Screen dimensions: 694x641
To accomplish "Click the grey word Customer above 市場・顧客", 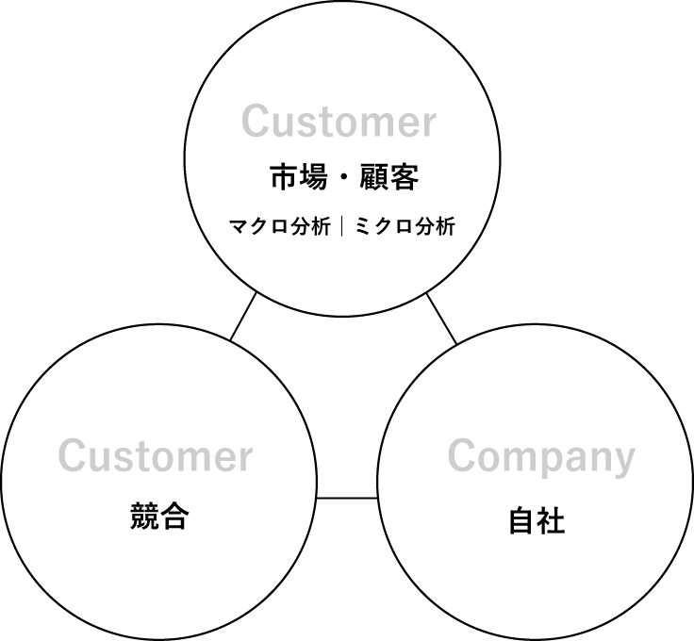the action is (339, 121).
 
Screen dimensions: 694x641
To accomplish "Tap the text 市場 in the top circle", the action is (299, 177).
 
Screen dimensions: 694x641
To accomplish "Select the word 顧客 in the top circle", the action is (389, 177).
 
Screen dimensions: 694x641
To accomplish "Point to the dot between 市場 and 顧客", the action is (344, 177).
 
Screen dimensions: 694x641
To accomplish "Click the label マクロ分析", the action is (280, 226).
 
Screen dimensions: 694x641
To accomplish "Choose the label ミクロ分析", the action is (405, 226).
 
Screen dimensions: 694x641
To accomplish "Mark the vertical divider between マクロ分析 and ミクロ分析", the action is (342, 226).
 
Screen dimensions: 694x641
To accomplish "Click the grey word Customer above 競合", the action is (156, 455).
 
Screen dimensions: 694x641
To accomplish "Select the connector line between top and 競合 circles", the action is (243, 317).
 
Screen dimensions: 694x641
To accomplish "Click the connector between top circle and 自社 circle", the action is (441, 319).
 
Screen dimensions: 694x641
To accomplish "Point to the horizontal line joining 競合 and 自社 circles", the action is (347, 498).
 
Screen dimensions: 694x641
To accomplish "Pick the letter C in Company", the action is (462, 455).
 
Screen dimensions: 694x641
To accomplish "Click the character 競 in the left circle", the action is (144, 516).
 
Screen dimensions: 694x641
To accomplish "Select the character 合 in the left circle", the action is (174, 516).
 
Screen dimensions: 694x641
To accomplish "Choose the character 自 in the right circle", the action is (521, 520).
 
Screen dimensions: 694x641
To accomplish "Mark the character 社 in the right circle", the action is (551, 520).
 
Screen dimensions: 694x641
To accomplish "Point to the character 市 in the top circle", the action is (285, 177).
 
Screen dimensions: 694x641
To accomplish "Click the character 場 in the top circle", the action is (314, 177).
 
